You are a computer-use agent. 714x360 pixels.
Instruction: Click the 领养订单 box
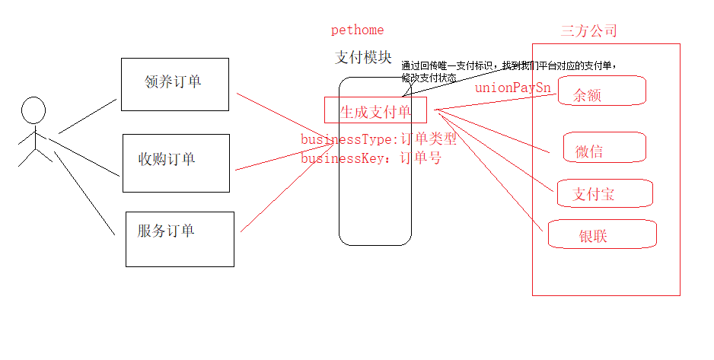tap(174, 84)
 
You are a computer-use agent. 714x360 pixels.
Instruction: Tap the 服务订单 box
tap(180, 238)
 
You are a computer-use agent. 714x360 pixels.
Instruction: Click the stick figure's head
tap(33, 110)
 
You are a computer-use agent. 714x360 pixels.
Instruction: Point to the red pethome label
tap(357, 30)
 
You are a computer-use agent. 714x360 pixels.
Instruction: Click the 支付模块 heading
tap(364, 58)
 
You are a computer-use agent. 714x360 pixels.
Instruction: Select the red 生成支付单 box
tap(375, 111)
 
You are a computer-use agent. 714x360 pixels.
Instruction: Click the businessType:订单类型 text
tap(378, 139)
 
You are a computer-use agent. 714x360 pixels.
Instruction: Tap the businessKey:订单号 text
tap(371, 158)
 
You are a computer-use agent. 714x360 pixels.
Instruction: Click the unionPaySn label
tap(512, 88)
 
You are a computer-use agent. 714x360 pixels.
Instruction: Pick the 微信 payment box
tap(604, 148)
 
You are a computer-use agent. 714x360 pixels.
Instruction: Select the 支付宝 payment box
tap(604, 193)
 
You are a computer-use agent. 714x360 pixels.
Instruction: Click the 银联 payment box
tap(601, 234)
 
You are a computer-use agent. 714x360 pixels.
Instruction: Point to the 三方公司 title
tap(588, 31)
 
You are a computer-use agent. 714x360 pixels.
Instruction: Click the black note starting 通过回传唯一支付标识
tap(508, 65)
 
